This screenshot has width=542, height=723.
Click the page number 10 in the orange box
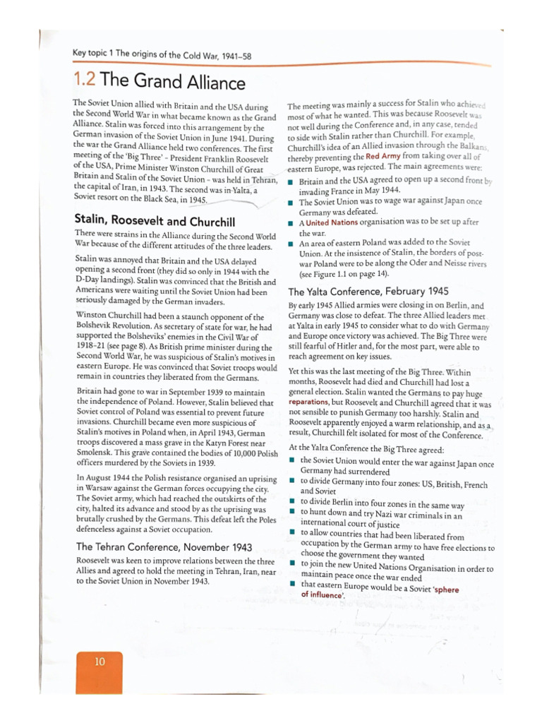tap(100, 662)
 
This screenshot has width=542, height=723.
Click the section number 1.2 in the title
tap(86, 81)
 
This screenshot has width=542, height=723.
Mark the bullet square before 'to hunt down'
tap(292, 511)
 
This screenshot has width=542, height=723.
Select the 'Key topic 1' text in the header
tap(95, 54)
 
